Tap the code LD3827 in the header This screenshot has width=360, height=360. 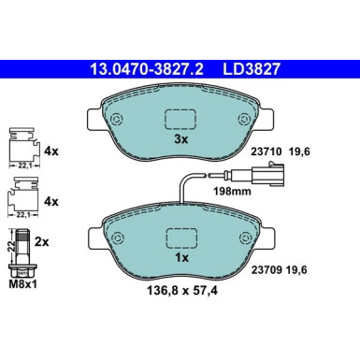tap(255, 68)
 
